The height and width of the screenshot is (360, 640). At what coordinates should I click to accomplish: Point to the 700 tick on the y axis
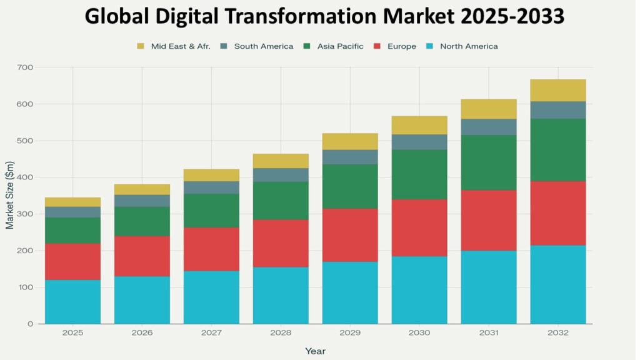click(x=26, y=67)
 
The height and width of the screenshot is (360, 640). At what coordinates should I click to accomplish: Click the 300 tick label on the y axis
click(x=26, y=214)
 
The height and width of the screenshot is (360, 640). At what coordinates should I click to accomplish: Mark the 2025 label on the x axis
click(x=72, y=332)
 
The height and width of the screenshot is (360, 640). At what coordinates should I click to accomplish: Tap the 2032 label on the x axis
click(x=557, y=332)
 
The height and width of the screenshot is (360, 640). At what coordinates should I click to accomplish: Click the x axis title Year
click(x=315, y=351)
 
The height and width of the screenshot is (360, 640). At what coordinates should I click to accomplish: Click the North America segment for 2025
click(x=72, y=302)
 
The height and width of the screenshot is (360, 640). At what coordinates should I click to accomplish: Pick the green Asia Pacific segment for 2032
click(x=557, y=150)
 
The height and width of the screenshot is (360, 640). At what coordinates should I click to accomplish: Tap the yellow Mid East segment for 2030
click(x=419, y=125)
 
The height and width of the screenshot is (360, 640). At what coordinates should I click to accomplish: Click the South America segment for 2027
click(x=211, y=187)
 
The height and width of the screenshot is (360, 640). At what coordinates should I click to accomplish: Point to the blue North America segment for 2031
click(x=489, y=287)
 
